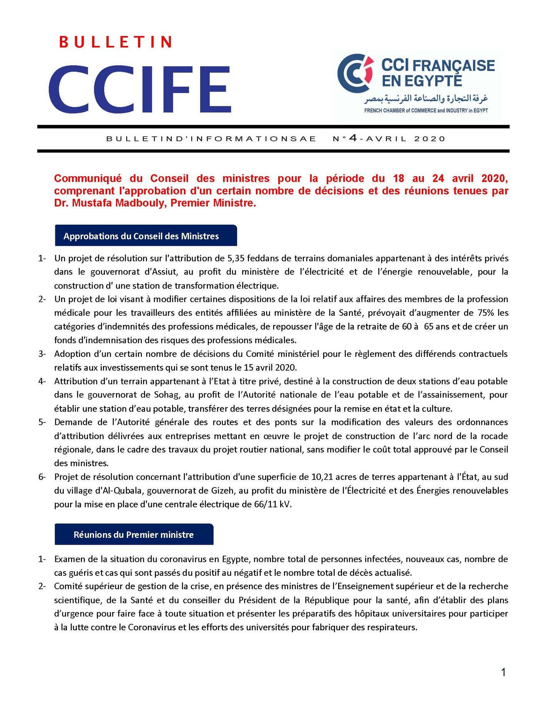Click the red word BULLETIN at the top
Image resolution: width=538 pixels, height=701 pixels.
pos(115,42)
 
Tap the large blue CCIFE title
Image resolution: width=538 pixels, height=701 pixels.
pos(140,90)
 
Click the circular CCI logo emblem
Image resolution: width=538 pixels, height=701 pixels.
pos(355,73)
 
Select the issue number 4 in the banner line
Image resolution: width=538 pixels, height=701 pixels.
pos(353,138)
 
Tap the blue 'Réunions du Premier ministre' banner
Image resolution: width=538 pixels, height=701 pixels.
pos(134,534)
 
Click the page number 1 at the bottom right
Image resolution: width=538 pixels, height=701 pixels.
pos(503,672)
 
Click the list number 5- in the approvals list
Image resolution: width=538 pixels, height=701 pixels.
pos(42,422)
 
